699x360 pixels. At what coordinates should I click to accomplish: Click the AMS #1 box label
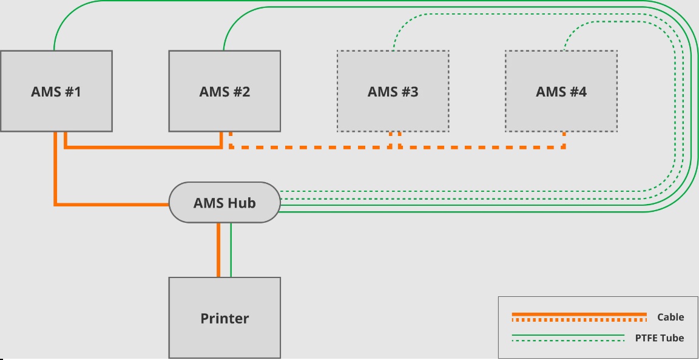pyautogui.click(x=56, y=92)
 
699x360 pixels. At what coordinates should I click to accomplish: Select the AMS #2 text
pyautogui.click(x=225, y=92)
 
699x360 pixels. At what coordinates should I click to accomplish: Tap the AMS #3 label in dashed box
pyautogui.click(x=393, y=92)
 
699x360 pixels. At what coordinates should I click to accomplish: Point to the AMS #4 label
pyautogui.click(x=561, y=92)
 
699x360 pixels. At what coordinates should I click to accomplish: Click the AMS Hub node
pyautogui.click(x=225, y=203)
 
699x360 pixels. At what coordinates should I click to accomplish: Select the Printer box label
pyautogui.click(x=225, y=319)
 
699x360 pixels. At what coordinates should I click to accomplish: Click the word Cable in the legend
pyautogui.click(x=670, y=317)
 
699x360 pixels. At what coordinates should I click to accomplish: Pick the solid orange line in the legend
pyautogui.click(x=579, y=314)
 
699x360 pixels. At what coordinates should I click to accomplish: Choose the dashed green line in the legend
pyautogui.click(x=569, y=341)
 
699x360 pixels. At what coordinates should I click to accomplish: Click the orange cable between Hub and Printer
pyautogui.click(x=218, y=250)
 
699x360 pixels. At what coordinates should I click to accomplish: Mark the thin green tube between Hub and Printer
pyautogui.click(x=231, y=250)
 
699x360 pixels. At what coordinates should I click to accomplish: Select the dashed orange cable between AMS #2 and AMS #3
pyautogui.click(x=311, y=147)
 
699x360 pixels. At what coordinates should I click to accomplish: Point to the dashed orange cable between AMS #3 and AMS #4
pyautogui.click(x=482, y=147)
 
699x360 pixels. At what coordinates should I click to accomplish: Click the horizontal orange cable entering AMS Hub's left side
pyautogui.click(x=112, y=205)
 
